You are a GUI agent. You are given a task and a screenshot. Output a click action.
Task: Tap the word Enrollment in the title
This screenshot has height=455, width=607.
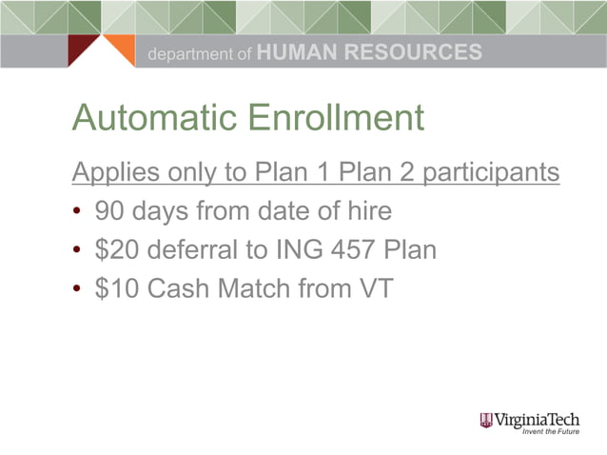(x=335, y=119)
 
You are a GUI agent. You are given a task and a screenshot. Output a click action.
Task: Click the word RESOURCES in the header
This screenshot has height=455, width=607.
(x=412, y=53)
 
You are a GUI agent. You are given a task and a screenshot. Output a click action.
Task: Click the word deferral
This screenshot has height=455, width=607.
(x=191, y=250)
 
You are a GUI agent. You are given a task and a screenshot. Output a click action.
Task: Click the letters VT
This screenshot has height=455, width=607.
(x=374, y=289)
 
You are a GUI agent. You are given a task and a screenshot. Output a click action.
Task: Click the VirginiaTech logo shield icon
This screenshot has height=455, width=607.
(x=487, y=420)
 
